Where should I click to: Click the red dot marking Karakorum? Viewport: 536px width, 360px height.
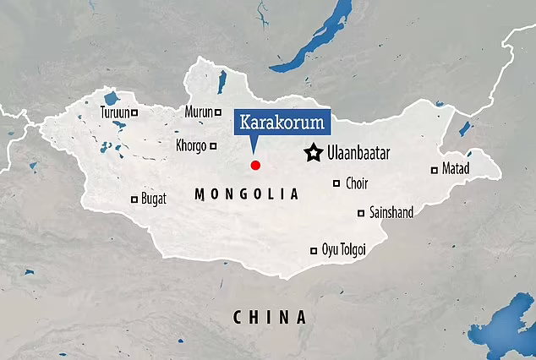pyautogui.click(x=254, y=164)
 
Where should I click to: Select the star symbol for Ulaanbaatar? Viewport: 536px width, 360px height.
pyautogui.click(x=314, y=152)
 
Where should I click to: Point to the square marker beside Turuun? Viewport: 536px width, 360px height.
pyautogui.click(x=134, y=112)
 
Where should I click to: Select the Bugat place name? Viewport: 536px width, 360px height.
pyautogui.click(x=153, y=199)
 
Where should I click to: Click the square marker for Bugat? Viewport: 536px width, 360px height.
pyautogui.click(x=134, y=199)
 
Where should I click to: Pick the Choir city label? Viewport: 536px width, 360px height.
pyautogui.click(x=357, y=183)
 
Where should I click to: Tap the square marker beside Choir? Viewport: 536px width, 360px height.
pyautogui.click(x=336, y=183)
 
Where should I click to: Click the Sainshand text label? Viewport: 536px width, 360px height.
pyautogui.click(x=391, y=213)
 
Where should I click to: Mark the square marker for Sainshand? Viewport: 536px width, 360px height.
pyautogui.click(x=362, y=213)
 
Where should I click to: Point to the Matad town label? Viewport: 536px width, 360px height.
pyautogui.click(x=456, y=169)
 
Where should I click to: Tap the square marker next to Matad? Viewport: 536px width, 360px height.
pyautogui.click(x=435, y=170)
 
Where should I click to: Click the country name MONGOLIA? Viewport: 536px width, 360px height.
pyautogui.click(x=247, y=194)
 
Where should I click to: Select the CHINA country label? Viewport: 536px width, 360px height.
pyautogui.click(x=269, y=318)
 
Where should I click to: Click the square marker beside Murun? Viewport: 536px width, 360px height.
pyautogui.click(x=224, y=112)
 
